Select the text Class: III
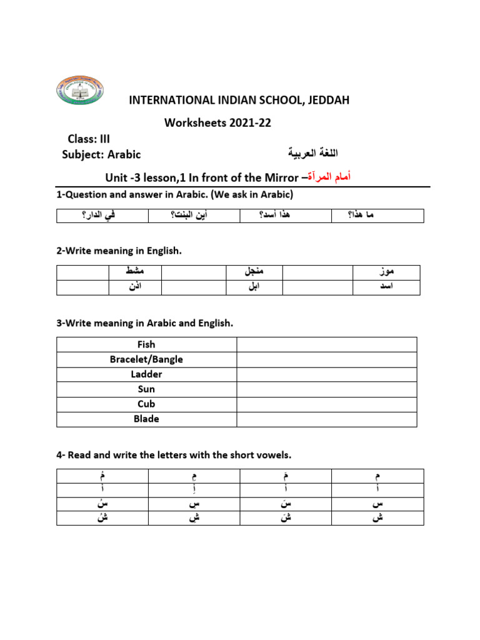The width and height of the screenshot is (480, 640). [89, 139]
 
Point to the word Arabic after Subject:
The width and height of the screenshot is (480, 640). [124, 154]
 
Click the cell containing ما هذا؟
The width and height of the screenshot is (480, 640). [377, 216]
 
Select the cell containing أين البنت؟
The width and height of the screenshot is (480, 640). [194, 216]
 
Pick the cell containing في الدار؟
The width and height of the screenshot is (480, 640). [102, 216]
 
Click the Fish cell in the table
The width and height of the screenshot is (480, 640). [146, 344]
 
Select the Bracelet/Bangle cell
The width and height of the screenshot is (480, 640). [146, 359]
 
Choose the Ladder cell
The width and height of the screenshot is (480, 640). [146, 374]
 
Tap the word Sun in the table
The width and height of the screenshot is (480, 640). [146, 389]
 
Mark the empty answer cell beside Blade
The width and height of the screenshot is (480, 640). [326, 419]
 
